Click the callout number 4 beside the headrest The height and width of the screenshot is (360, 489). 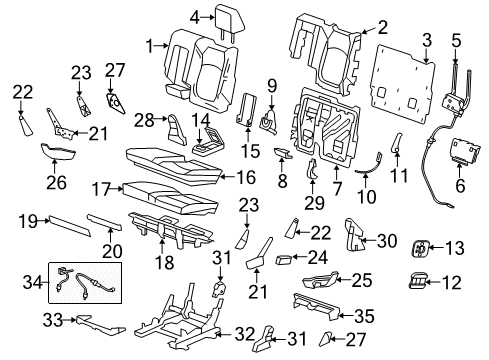pyautogui.click(x=196, y=15)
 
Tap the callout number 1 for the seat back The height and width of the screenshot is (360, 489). pyautogui.click(x=149, y=46)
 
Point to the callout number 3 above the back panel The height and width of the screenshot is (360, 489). pyautogui.click(x=427, y=40)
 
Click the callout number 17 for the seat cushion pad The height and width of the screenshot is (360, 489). pyautogui.click(x=100, y=187)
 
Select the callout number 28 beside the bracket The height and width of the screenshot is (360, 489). pyautogui.click(x=145, y=121)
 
